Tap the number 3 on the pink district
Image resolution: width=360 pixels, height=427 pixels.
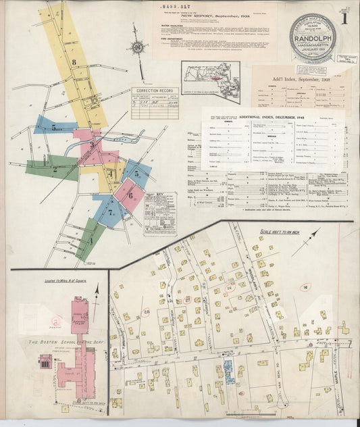click(91, 144)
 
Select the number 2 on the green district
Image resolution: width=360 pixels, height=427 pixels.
click(54, 169)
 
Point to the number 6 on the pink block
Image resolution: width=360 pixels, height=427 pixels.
click(128, 196)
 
